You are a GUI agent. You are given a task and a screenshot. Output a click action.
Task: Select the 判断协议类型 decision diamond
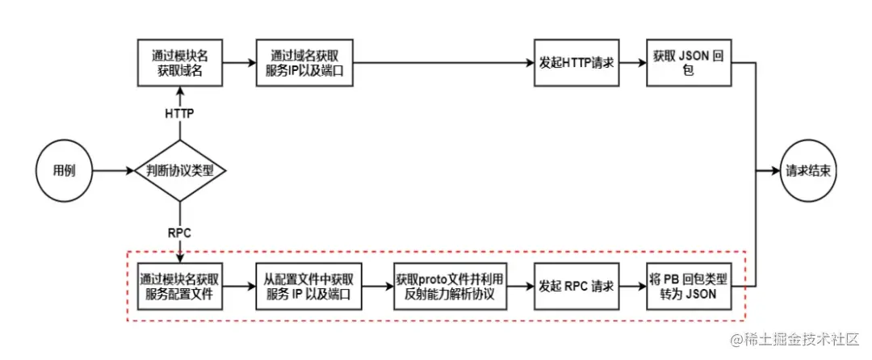point(179,171)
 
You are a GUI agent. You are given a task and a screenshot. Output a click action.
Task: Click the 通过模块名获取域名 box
point(179,63)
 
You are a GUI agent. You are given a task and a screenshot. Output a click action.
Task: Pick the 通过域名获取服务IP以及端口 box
point(304,63)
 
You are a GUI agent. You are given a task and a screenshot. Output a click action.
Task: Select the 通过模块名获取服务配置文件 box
point(179,287)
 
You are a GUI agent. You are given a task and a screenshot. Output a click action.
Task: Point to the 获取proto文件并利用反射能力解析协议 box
point(449,287)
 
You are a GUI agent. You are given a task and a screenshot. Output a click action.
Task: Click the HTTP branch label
point(179,114)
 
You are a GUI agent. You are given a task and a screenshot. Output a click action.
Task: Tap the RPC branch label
point(179,232)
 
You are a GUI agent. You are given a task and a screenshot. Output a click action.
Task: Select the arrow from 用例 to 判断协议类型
point(113,171)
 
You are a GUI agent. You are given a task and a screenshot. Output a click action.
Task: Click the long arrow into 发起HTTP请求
point(444,63)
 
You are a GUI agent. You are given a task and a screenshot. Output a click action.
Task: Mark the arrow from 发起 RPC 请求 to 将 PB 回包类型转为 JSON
point(633,287)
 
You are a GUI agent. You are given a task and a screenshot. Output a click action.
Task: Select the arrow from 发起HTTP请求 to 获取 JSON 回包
point(633,63)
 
